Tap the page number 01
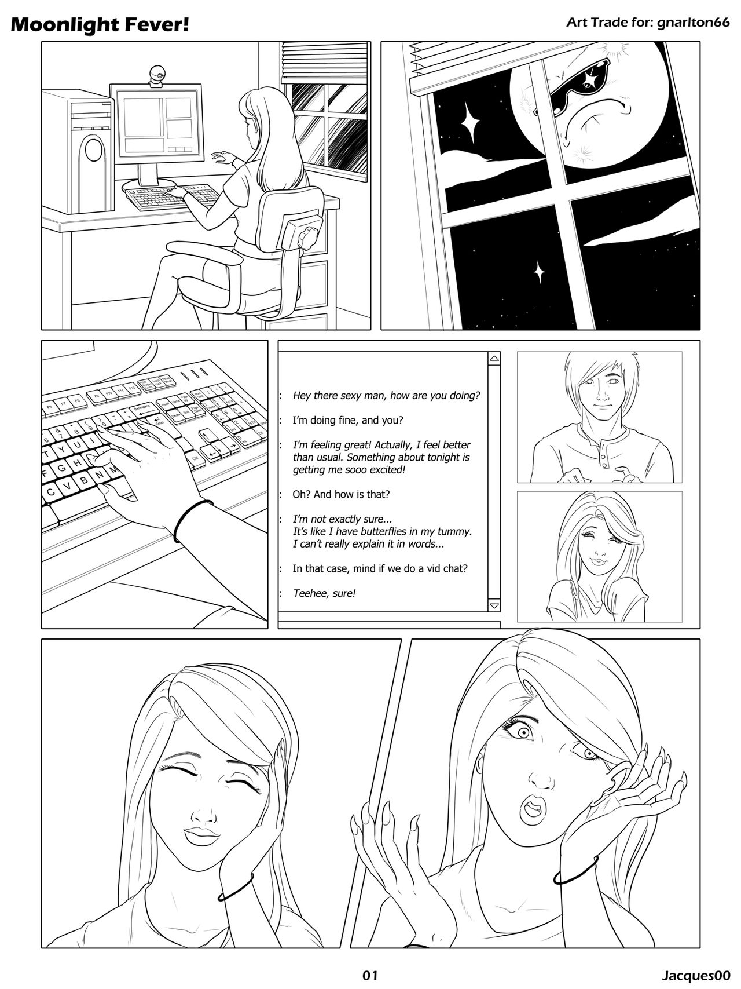[370, 975]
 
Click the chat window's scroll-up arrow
[494, 359]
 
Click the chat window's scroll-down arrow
[494, 605]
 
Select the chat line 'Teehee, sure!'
[324, 593]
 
